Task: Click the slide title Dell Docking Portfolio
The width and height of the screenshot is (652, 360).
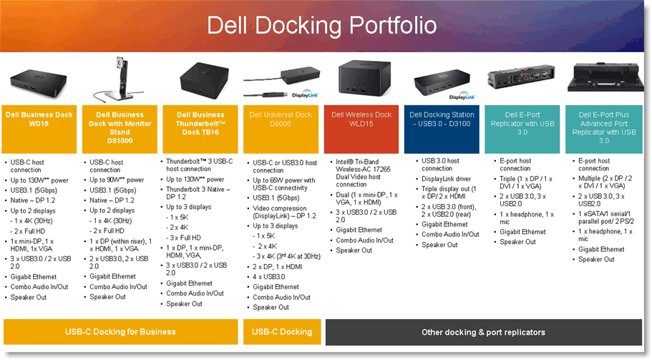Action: coord(321,26)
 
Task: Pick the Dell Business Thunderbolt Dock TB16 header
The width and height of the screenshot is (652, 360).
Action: coord(200,123)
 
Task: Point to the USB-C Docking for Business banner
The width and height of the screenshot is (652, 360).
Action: coord(120,332)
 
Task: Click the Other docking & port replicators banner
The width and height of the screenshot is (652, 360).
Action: coord(484,332)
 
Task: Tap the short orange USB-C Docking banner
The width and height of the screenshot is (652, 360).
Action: coord(283,332)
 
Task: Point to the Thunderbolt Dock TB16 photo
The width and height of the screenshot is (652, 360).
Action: coord(200,77)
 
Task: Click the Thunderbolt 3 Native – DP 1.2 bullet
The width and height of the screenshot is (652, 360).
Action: coord(198,193)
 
